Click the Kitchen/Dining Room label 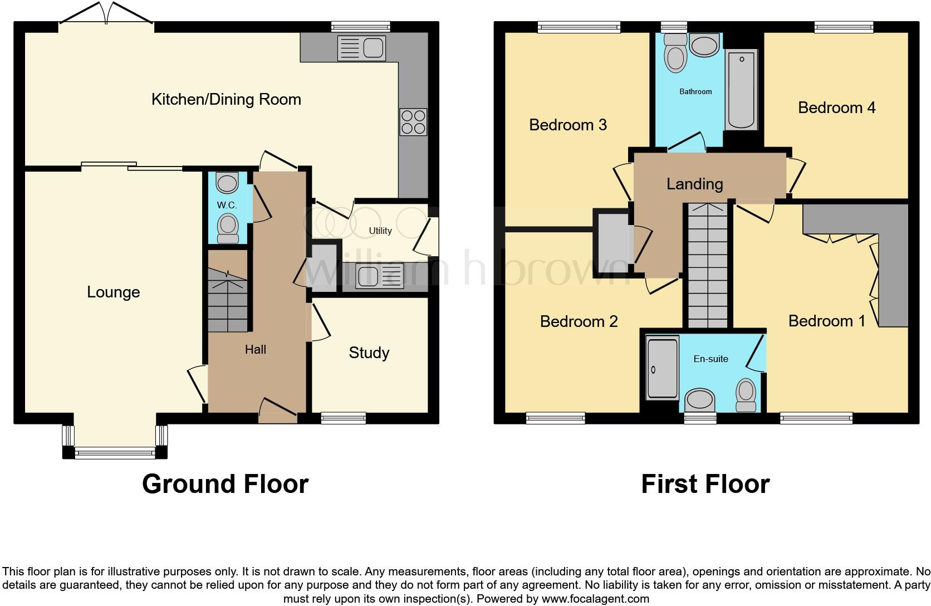point(226,100)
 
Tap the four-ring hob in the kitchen point(413,122)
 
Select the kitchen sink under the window point(361,48)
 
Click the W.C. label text point(227,205)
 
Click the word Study point(369,353)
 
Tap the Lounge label point(113,292)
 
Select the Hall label point(256,349)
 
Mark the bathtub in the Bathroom point(742,89)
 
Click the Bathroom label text point(695,91)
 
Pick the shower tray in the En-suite point(662,368)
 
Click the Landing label point(694,184)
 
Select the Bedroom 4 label point(836,107)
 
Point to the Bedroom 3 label point(567,125)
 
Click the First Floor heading point(705,484)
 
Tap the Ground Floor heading point(225,484)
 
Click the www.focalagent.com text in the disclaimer point(595,599)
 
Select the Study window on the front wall point(343,417)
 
